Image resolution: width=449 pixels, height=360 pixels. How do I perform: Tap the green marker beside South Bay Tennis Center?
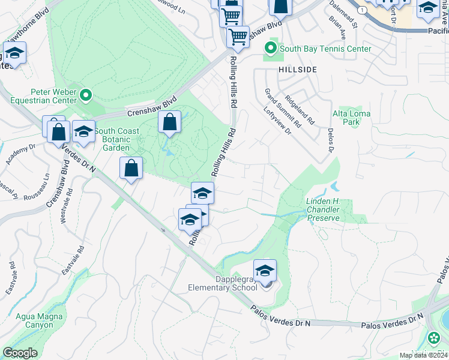[271, 48]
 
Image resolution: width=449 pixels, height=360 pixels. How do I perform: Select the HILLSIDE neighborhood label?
[297, 70]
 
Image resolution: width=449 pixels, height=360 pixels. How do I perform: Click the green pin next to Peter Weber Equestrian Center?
[86, 95]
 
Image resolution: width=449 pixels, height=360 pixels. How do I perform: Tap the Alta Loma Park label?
[351, 118]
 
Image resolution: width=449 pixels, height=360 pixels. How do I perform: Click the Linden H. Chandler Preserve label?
[324, 210]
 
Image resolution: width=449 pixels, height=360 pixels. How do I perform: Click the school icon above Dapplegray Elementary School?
[265, 271]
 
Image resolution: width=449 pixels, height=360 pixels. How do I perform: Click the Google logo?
[20, 353]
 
